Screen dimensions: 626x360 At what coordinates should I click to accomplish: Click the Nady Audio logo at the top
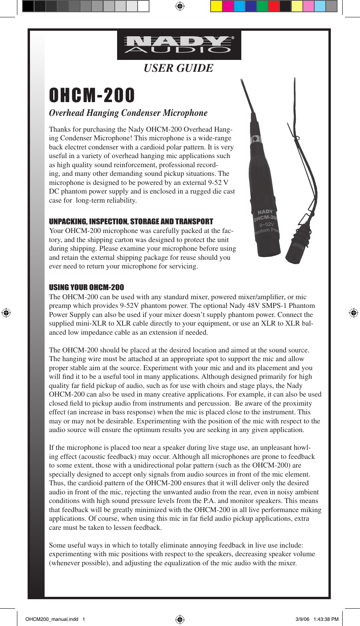pos(179,45)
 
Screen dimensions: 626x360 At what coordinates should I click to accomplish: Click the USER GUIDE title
pos(178,68)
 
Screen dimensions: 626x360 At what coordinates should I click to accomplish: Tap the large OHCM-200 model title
pos(92,95)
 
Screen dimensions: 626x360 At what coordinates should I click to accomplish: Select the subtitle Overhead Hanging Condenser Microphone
pos(128,113)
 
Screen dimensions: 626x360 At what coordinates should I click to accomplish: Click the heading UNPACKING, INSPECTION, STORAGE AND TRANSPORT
pos(131,222)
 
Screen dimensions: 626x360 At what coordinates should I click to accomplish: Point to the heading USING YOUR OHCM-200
pos(86,287)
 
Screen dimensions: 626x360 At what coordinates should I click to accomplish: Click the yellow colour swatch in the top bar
pos(216,6)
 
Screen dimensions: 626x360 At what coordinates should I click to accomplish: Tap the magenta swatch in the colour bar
pos(228,6)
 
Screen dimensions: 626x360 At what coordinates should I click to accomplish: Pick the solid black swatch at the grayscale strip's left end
pos(28,6)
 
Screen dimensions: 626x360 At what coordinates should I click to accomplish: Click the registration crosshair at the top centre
pos(180,6)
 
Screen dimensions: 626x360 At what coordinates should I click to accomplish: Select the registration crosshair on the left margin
pos(6,313)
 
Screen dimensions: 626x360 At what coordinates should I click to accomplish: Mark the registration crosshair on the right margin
pos(354,313)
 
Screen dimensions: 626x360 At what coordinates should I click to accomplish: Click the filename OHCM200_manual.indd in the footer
pos(52,619)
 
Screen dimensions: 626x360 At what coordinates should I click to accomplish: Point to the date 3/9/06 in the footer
pos(302,619)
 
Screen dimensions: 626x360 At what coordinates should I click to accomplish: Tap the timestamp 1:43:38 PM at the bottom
pos(326,619)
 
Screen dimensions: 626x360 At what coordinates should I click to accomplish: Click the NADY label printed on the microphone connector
pos(265,212)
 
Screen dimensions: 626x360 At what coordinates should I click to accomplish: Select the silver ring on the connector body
pos(256,139)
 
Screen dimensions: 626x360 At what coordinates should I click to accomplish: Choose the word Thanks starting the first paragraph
pos(60,129)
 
